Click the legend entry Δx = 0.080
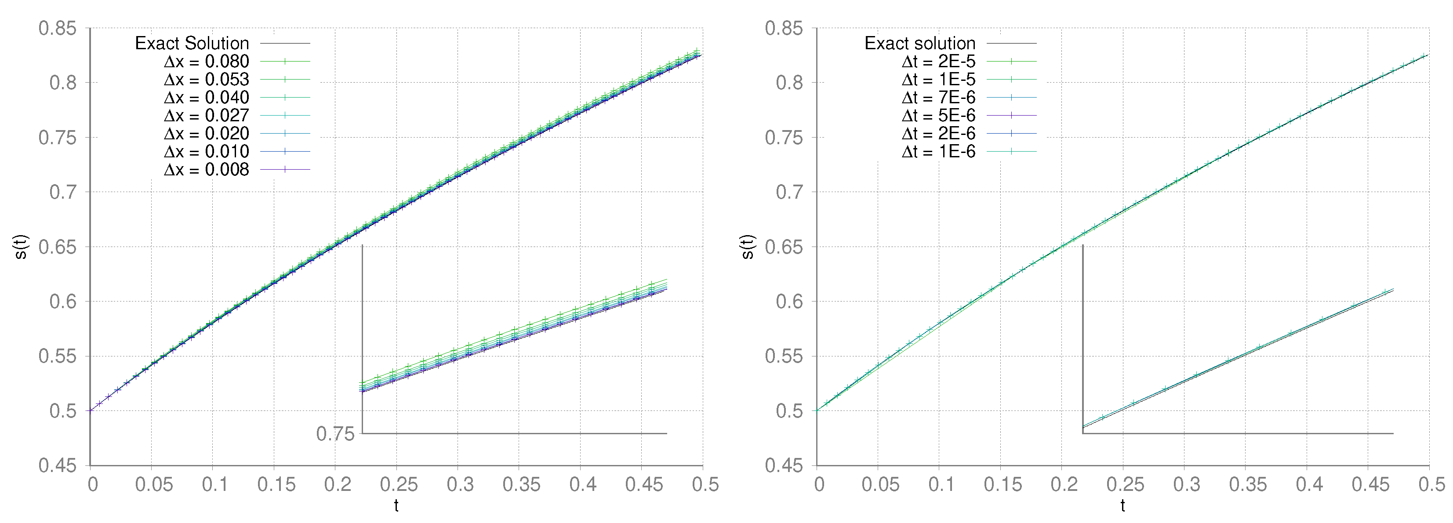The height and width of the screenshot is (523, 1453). pos(207,62)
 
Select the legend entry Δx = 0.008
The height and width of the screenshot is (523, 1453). pos(207,170)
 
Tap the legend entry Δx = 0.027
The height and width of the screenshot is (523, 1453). pos(207,116)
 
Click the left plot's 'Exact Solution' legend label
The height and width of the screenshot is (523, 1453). pos(192,44)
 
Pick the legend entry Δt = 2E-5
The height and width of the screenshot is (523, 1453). pos(939,62)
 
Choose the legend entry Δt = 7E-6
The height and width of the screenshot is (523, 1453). pos(939,98)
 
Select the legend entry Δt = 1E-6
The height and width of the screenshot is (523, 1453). pos(939,152)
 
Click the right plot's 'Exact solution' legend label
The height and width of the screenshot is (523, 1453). pos(920,44)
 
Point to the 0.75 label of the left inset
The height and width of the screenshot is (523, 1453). pos(335,434)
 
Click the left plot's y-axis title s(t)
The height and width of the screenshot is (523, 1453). pos(21,247)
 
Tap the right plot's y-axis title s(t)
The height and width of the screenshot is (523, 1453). pos(747,247)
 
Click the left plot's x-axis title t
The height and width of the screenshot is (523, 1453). pos(396,505)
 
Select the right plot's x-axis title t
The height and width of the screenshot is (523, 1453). pos(1123,505)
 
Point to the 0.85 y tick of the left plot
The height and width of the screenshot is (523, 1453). pos(57,28)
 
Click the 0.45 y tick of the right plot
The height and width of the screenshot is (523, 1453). pos(784,465)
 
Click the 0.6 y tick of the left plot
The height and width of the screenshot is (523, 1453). pos(62,302)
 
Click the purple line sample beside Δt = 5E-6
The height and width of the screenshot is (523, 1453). pos(1011,116)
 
